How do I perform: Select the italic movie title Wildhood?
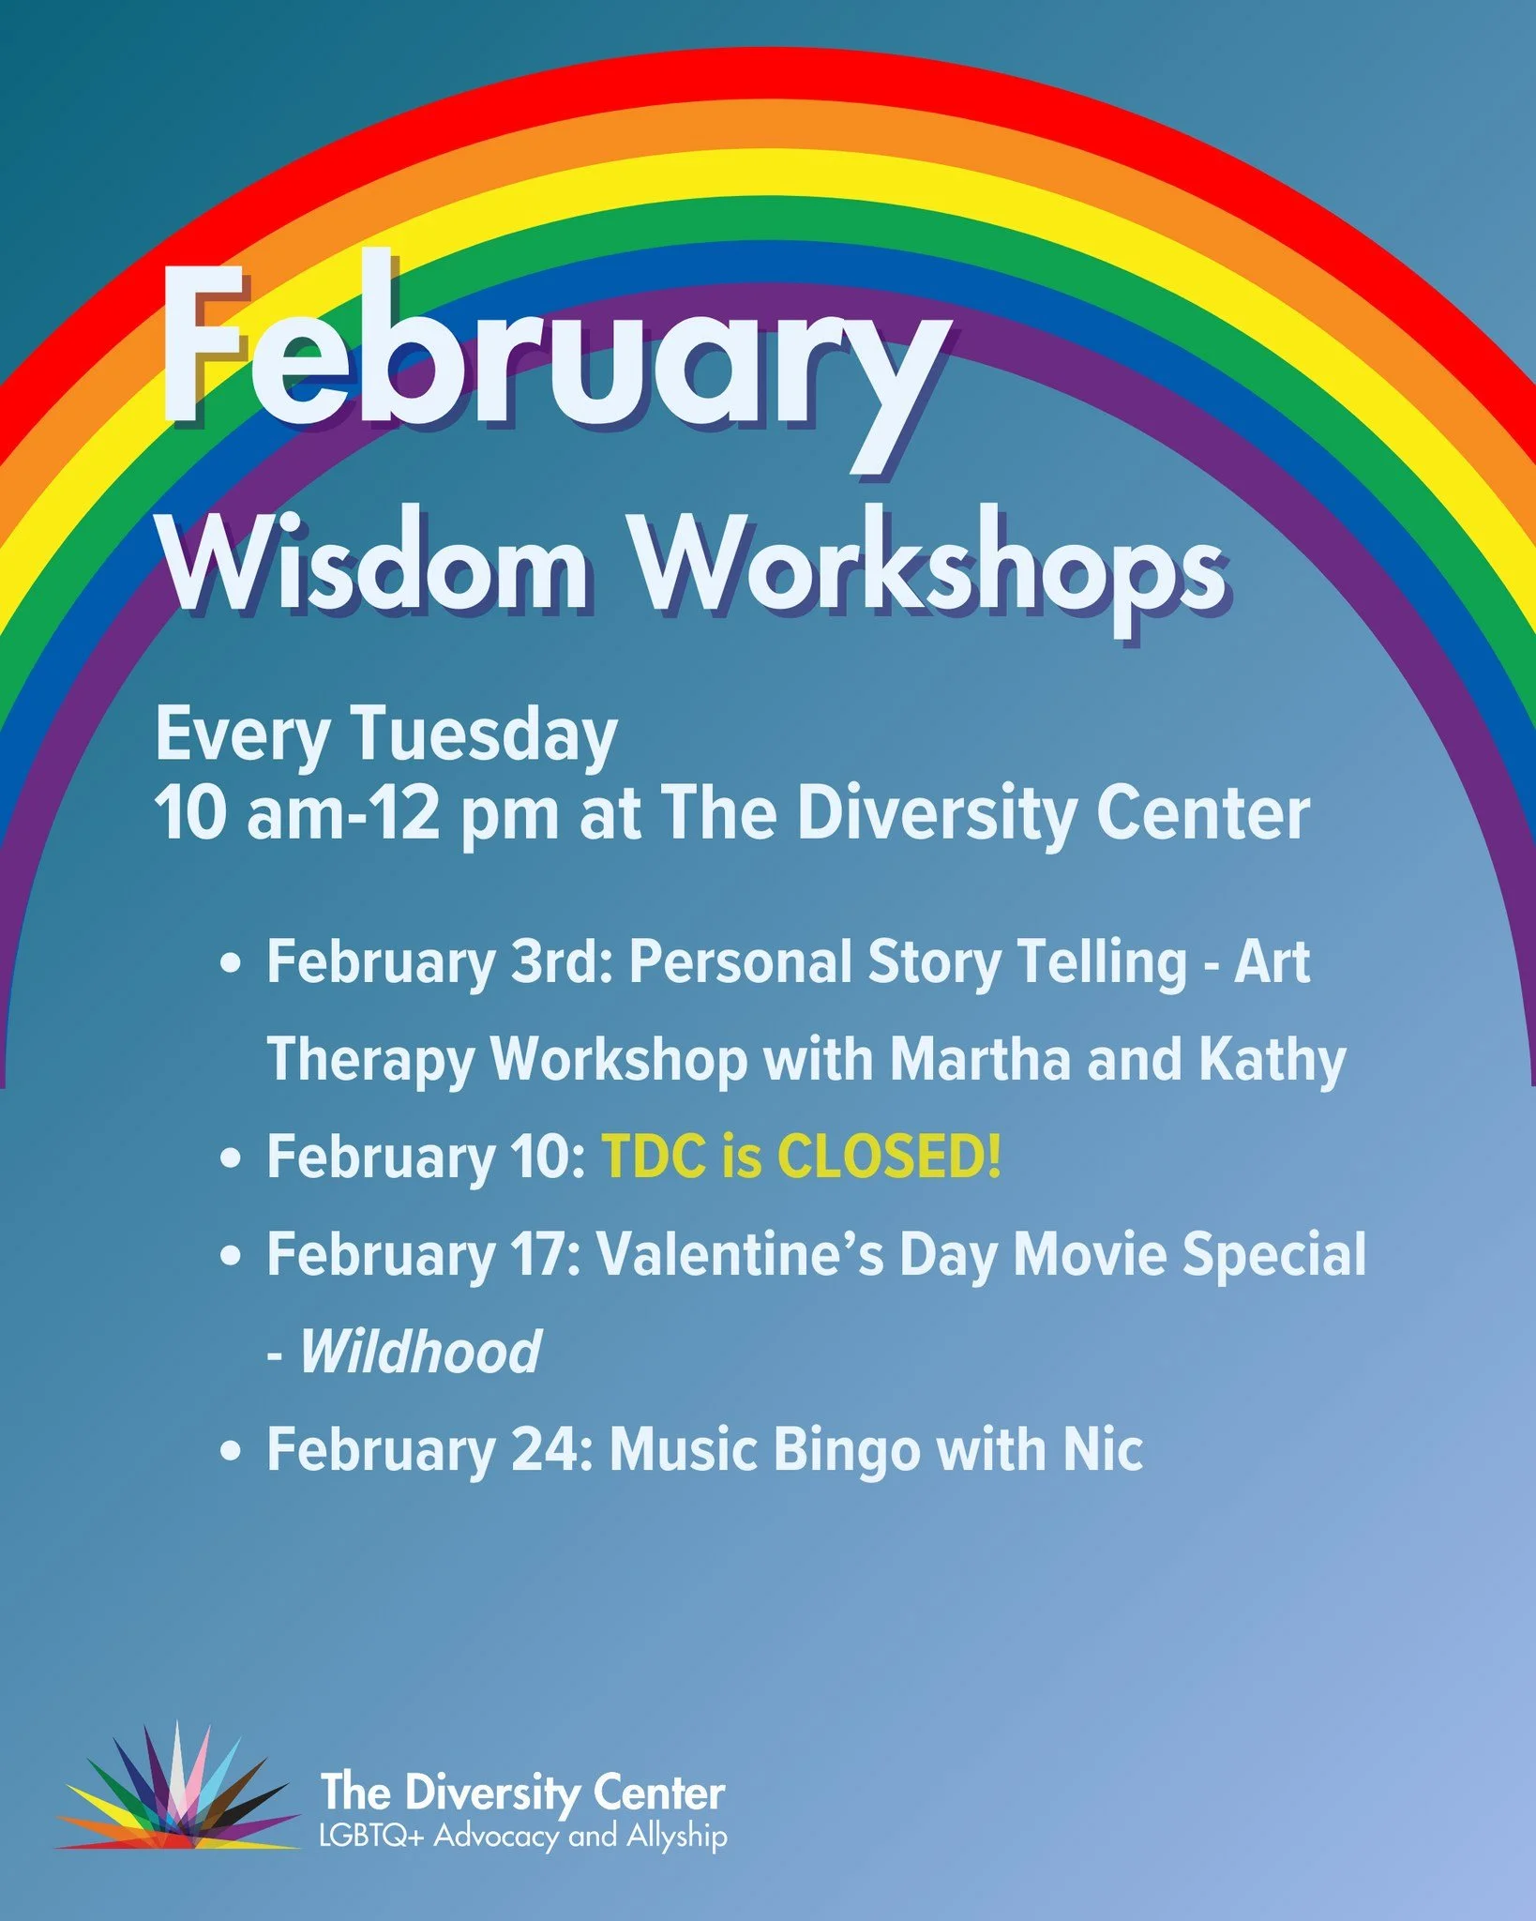click(x=420, y=1352)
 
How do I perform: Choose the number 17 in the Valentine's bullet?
click(x=545, y=1254)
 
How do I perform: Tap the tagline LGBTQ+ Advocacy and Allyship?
click(x=523, y=1836)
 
